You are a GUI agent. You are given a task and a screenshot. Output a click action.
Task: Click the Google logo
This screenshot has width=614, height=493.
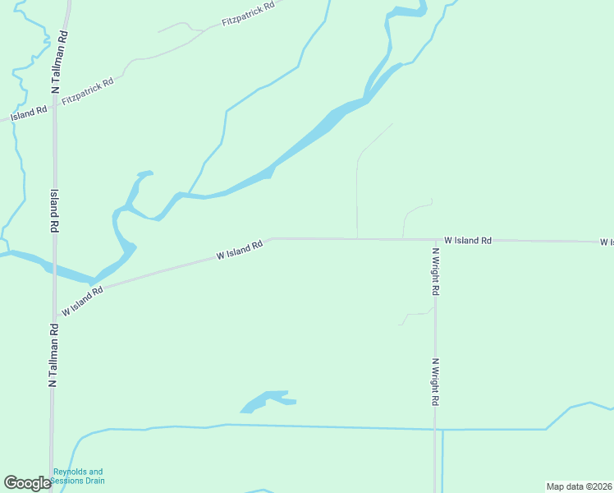pos(27,483)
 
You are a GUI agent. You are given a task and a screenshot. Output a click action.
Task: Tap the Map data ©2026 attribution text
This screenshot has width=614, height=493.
pos(579,486)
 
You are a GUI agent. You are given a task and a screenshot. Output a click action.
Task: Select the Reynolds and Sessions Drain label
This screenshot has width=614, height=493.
pos(79,476)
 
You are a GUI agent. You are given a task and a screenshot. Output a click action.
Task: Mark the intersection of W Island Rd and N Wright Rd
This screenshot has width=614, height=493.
pos(435,240)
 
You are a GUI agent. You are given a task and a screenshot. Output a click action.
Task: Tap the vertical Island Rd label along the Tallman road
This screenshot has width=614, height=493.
pos(54,212)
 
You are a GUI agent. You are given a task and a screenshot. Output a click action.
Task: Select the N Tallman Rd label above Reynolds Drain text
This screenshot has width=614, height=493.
pos(53,354)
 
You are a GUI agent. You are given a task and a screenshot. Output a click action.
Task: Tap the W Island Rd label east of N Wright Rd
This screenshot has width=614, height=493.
pos(468,240)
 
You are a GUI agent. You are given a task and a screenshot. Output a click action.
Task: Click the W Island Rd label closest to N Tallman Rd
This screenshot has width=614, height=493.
pos(82,302)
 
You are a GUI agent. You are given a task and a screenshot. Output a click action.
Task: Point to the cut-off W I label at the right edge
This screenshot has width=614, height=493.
pos(606,242)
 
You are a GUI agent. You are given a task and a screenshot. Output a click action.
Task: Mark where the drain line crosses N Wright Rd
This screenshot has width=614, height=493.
pos(435,429)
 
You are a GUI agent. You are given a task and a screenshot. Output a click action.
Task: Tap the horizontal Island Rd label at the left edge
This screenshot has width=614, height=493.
pos(29,113)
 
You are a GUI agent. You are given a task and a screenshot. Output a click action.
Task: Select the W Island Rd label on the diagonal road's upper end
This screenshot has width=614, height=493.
pos(240,250)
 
